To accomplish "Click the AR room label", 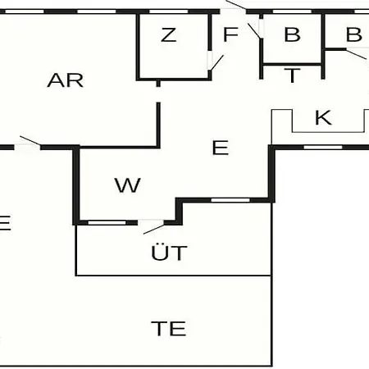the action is tap(66, 80).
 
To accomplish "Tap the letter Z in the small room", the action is tap(168, 35).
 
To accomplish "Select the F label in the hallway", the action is tap(230, 34).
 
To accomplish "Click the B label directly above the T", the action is tap(293, 34).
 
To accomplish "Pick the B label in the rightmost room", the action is tap(354, 34).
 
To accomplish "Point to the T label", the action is tap(292, 75).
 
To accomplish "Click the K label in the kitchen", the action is tap(323, 117).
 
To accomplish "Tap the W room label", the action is tap(127, 185).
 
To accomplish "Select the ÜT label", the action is tap(169, 252).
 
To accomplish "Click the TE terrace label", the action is tap(169, 328).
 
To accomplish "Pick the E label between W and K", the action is tap(221, 148).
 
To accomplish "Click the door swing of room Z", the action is tap(215, 62).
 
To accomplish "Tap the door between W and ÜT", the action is tap(152, 226).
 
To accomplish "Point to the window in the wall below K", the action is tap(323, 148).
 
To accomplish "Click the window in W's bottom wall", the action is tap(107, 223).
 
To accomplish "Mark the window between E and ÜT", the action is tap(230, 200).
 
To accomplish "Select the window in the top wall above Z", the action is tap(169, 11).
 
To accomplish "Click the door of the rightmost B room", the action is tap(358, 53).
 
